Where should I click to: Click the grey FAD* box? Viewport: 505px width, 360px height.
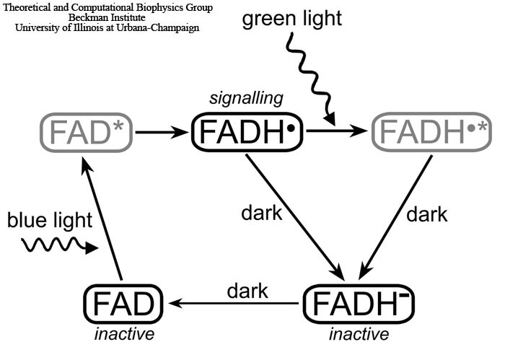[87, 132]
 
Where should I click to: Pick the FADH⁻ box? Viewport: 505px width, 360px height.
[358, 302]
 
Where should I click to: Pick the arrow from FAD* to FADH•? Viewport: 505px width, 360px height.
[162, 132]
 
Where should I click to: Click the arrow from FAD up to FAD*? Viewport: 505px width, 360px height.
[102, 220]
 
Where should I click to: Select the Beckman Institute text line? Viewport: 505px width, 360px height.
[106, 17]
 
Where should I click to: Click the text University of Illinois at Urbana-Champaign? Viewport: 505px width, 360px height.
[107, 27]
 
